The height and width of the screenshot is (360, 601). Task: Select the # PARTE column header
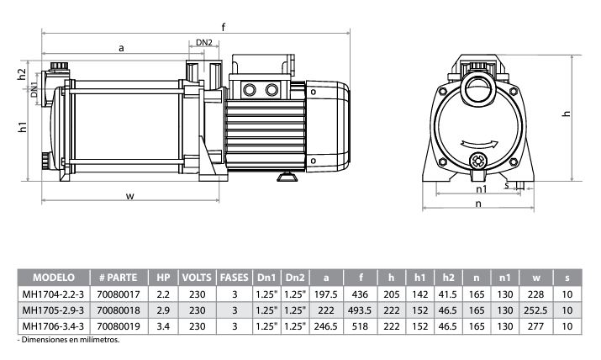coord(118,277)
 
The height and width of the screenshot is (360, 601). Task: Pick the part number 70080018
coord(118,310)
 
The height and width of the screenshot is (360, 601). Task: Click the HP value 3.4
coord(163,326)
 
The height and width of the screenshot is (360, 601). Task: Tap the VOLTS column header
coord(197,277)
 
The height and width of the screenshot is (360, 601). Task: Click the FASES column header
coord(235,277)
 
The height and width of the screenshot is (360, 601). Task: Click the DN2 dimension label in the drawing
coord(204,42)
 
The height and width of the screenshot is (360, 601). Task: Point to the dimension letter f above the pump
coord(224,28)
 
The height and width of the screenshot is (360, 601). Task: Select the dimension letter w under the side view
coord(130,196)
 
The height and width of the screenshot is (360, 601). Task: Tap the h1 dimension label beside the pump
coord(24,128)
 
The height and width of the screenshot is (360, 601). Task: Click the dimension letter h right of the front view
coord(566,114)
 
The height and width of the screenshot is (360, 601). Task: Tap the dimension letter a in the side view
coord(121,49)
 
